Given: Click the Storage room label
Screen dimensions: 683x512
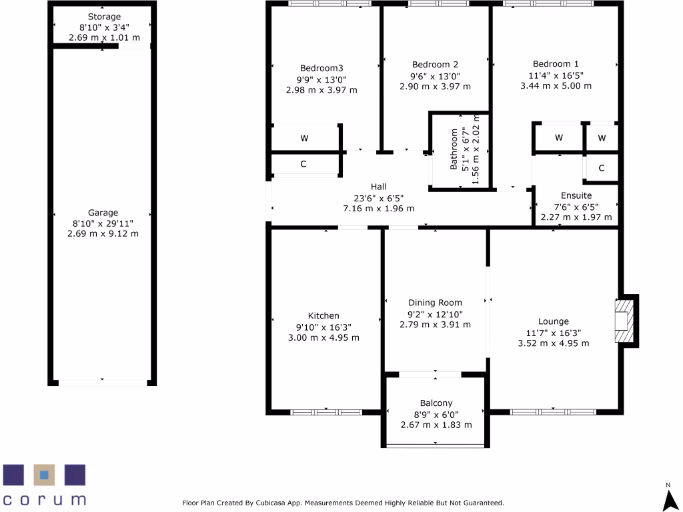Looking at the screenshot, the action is coord(103,17).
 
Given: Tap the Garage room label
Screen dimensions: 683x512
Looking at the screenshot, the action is coord(103,213).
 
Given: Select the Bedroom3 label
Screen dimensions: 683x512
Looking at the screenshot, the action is coord(321,68).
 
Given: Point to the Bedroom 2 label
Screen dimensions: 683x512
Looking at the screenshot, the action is coord(435,65).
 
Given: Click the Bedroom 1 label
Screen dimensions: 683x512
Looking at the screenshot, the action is coord(556,65).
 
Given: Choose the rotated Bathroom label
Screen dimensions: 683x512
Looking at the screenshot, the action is coord(454,150).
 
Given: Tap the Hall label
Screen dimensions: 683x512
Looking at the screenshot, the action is coord(379,187).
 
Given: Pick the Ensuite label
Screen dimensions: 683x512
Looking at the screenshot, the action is coord(576,196).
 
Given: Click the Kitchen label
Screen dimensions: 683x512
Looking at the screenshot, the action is coord(323,316).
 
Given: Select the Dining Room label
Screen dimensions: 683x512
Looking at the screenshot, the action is coord(435,303).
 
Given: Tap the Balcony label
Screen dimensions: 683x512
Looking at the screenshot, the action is coord(436,403).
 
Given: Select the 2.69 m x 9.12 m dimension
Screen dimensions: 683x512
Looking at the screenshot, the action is coord(103,234).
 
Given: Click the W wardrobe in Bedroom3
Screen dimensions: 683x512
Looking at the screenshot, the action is coord(304,139).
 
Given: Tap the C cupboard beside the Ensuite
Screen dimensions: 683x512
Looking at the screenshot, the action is coord(602,169).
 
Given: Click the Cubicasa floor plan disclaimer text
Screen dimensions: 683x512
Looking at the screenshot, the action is coord(343,503).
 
